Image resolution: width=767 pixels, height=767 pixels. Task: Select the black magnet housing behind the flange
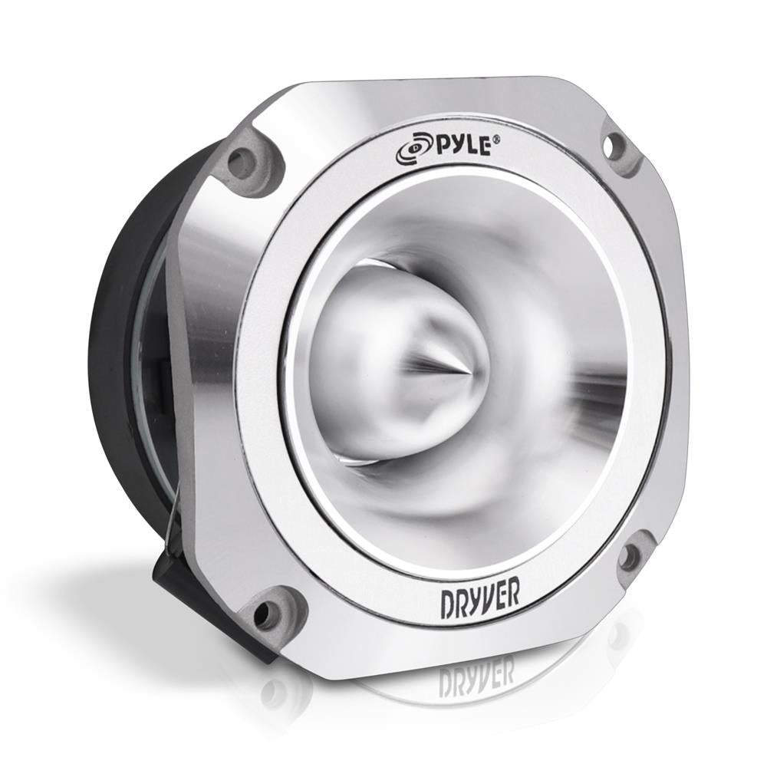[130, 345]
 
